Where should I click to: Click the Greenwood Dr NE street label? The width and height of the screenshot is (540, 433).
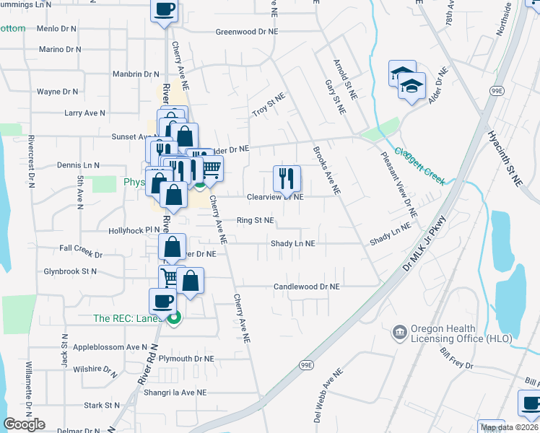tap(247, 32)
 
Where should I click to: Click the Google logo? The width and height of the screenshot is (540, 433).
tap(25, 424)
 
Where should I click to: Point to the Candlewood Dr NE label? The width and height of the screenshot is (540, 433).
tap(306, 287)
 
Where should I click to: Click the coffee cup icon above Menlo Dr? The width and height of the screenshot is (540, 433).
tap(164, 10)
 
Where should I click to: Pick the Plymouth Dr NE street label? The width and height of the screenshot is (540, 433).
tap(187, 359)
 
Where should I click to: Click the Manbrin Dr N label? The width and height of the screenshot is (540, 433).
tap(136, 74)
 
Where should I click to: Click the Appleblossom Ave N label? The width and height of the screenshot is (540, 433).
tap(110, 346)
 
